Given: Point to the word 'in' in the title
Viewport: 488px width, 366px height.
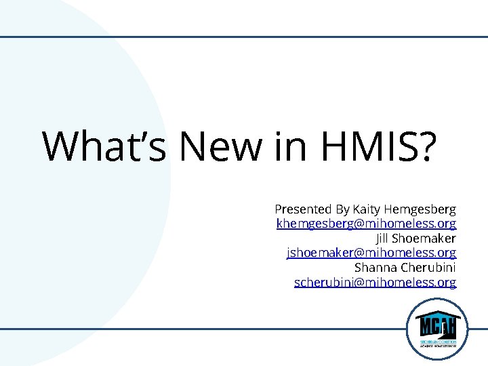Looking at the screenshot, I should pos(287,146).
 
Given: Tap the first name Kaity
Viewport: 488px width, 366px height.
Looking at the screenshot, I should pos(367,209).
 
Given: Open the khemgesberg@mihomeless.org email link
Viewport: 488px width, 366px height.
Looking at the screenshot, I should pos(366,223).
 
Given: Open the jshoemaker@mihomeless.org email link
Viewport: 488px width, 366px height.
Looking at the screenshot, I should pos(371,253).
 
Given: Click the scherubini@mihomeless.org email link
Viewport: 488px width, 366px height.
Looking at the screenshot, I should pos(375,282).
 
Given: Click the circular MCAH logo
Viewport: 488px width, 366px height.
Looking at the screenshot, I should pos(436,329).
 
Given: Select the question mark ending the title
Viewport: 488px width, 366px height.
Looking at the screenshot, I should pos(425,146).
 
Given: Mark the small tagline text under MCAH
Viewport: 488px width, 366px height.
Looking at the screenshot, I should pos(436,343).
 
